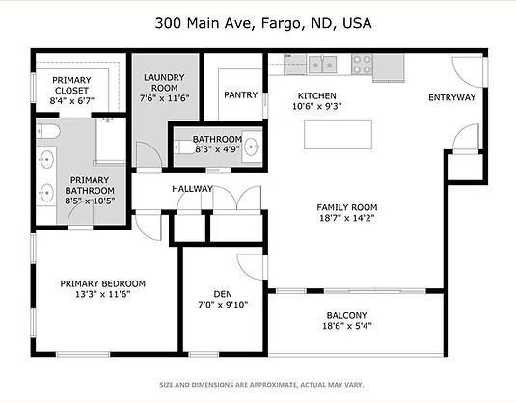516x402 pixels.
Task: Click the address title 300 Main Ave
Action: click(258, 22)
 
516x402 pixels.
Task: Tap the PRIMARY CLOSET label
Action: click(70, 80)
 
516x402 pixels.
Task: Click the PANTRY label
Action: click(239, 94)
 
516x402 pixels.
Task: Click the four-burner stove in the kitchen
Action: click(363, 65)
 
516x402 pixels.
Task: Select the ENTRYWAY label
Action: click(452, 96)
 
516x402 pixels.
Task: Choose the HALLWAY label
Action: click(192, 188)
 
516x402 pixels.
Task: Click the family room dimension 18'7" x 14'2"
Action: click(347, 219)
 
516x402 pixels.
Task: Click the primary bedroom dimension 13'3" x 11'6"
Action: click(102, 295)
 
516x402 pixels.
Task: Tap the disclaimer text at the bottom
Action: click(258, 384)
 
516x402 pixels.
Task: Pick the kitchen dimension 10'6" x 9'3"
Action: click(316, 107)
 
